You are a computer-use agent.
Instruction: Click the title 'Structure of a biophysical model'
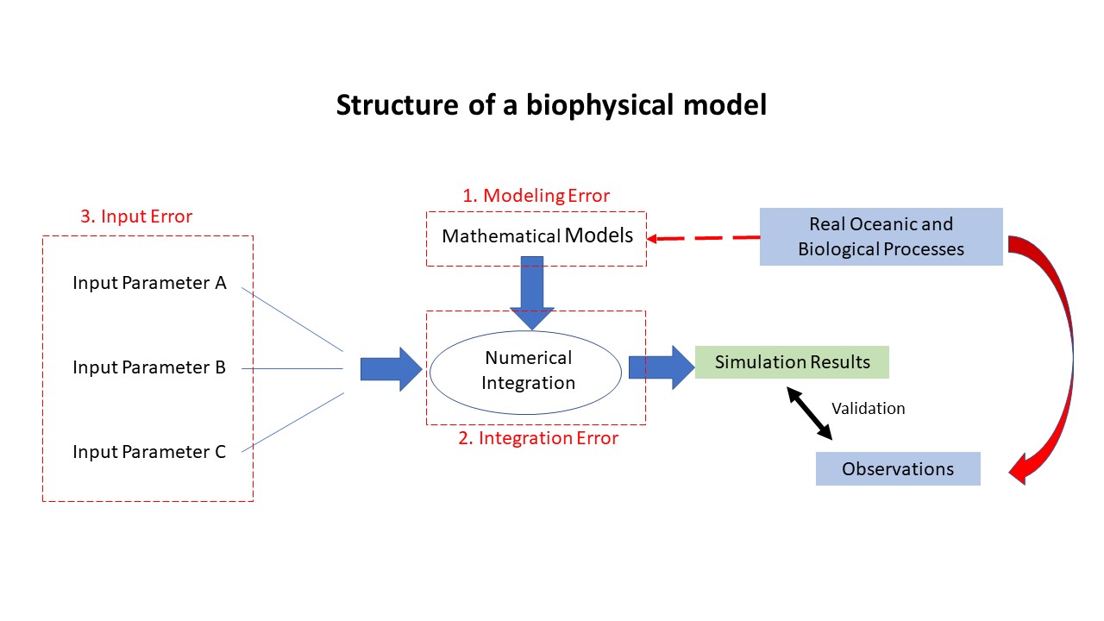tap(551, 105)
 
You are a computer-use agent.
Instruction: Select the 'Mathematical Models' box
tap(536, 239)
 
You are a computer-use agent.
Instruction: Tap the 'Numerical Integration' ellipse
tap(525, 372)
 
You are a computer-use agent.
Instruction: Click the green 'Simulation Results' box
tap(792, 362)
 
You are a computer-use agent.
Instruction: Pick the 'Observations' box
tap(898, 468)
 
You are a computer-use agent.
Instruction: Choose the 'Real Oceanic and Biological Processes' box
tap(881, 236)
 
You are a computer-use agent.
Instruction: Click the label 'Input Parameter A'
tap(149, 283)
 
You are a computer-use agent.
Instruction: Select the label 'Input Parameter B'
tap(149, 367)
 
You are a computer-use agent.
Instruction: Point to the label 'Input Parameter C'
tap(149, 452)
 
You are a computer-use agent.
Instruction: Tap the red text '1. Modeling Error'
tap(536, 196)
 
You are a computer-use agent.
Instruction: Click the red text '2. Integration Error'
tap(538, 438)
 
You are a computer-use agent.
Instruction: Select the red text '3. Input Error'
tap(136, 216)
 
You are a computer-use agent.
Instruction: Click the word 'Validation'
tap(868, 409)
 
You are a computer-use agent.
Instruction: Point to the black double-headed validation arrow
tap(809, 413)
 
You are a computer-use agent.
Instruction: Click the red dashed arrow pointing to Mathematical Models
tap(703, 238)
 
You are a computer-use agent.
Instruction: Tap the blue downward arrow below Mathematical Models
tap(532, 292)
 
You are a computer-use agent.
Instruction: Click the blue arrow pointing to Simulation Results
tap(662, 367)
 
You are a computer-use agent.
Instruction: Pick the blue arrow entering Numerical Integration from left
tap(392, 369)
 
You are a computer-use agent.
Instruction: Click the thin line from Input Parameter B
tap(292, 368)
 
